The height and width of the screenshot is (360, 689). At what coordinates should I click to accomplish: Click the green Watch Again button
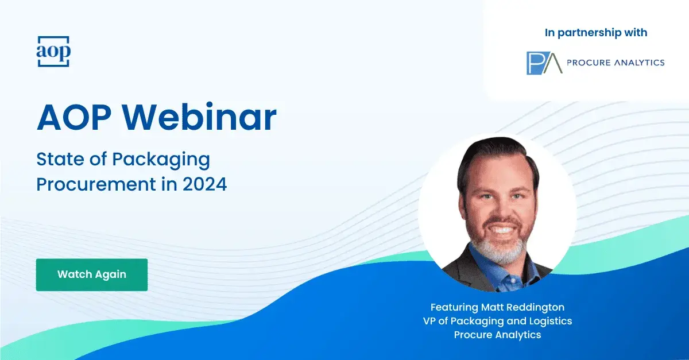click(92, 274)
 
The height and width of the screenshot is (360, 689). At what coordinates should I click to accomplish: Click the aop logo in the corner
click(53, 51)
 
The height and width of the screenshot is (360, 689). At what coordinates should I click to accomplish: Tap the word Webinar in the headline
click(200, 118)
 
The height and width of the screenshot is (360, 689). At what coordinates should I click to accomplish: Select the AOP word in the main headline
click(74, 118)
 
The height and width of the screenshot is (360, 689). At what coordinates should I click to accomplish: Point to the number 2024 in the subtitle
click(205, 184)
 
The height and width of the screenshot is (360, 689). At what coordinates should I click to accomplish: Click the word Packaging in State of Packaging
click(161, 160)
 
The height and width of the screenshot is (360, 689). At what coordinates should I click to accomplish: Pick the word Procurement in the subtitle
click(96, 184)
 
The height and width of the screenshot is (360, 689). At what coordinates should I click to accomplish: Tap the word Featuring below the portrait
click(454, 307)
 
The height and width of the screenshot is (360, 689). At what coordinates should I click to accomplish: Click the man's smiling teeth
click(501, 230)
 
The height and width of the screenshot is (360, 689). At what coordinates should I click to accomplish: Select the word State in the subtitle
click(60, 160)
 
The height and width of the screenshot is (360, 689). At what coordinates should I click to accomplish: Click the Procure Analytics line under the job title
click(497, 335)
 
